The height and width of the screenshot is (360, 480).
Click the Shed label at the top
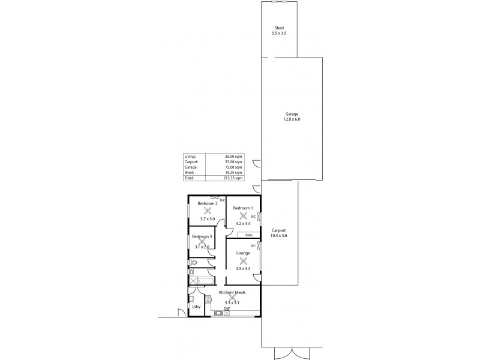pos(279,28)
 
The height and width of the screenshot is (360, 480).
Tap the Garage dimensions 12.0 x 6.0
pos(292,119)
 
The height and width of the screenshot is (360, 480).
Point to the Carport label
pos(278,230)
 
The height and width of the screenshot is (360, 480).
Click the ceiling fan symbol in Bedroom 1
pos(243,216)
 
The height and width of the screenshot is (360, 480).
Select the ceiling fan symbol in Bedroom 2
pos(207,211)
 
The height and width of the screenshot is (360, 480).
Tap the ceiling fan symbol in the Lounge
pos(243,261)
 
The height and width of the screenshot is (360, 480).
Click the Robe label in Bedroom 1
pos(248,235)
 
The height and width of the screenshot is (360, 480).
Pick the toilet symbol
pos(193,263)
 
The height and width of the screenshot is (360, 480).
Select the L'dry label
pos(196,307)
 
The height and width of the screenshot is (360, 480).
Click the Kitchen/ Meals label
pos(231,292)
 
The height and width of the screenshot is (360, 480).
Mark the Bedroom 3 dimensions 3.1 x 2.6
pos(201,247)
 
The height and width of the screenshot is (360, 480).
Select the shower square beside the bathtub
pos(193,280)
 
